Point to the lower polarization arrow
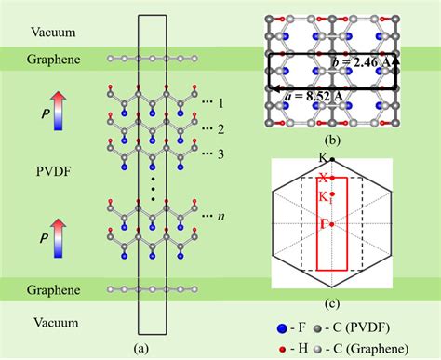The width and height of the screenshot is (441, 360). click(x=56, y=234)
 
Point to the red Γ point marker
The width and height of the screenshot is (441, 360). click(x=331, y=224)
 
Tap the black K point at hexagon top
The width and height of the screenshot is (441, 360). click(x=332, y=160)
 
